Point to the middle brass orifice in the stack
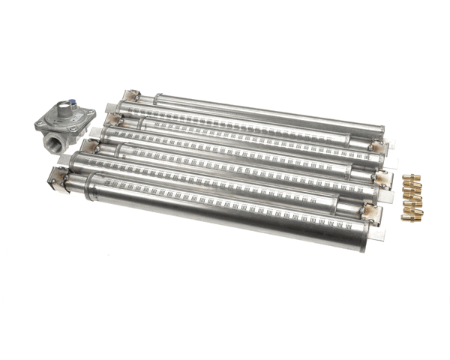(412, 199)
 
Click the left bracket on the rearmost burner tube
(132, 97)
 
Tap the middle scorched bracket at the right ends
(383, 179)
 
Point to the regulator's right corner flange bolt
(91, 115)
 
